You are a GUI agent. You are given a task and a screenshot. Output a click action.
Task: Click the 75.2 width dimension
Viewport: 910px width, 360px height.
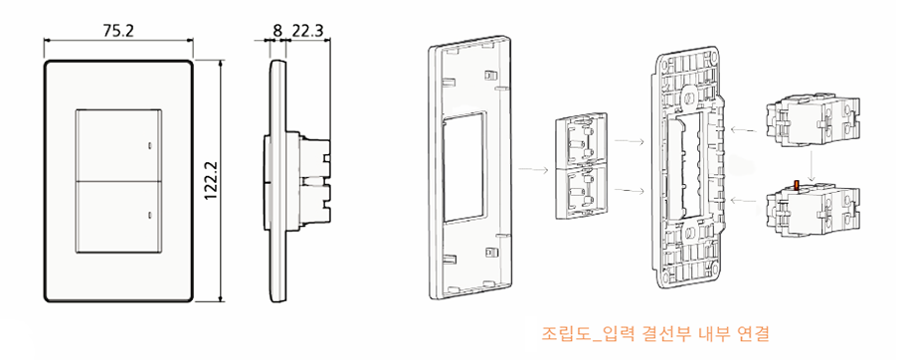[117, 30]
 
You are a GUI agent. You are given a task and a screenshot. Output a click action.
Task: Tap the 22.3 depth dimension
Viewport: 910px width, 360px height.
[307, 30]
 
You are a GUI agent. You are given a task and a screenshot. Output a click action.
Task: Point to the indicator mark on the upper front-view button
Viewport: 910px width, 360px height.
[150, 145]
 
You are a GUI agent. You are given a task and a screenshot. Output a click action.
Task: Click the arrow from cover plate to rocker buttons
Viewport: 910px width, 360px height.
[532, 170]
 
